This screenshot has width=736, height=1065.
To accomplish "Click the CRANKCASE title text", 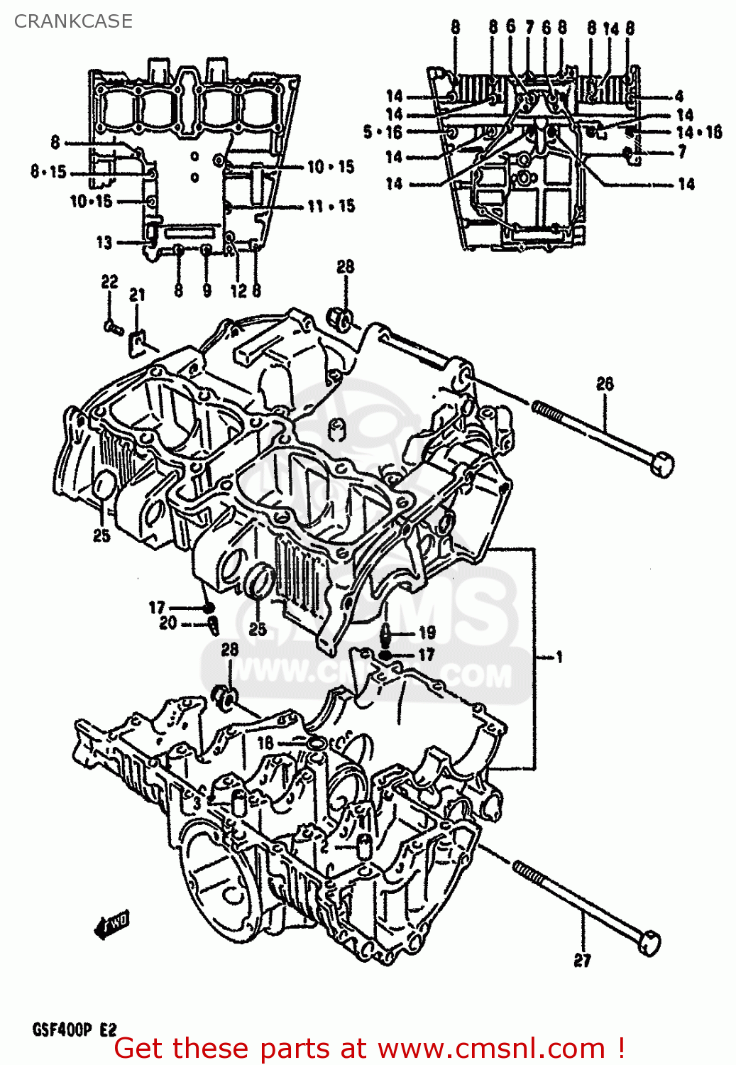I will pos(73,21).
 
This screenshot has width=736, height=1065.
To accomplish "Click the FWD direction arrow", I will pos(112,924).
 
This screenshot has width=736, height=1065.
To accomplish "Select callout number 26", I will pos(605,384).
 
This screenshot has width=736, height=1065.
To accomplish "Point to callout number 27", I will pos(582,961).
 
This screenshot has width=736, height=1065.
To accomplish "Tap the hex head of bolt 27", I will pos(649,942).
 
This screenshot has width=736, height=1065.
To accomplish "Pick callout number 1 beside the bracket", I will pos(559,657).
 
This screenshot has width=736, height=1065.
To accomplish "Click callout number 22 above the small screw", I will pos(109,282).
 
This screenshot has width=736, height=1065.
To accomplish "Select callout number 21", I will pos(137,295).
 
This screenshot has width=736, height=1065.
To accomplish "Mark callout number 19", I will pos(427,633).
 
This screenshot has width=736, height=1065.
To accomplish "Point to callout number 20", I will pos(168,623).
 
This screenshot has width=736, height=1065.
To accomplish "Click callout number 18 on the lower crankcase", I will pos(265,743).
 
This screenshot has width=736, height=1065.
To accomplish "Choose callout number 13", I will pos(104,243).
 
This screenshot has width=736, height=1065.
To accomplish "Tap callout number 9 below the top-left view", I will pos(207,290).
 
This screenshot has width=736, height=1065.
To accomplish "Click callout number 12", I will pos(238,290).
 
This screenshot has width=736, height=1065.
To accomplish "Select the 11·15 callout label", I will pos(331,207).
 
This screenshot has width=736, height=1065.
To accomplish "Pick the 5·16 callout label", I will pos(383,132).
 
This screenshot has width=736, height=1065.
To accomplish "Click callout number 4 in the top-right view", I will pos(679,96).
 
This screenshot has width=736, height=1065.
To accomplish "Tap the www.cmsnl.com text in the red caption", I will pos(490,1049).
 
